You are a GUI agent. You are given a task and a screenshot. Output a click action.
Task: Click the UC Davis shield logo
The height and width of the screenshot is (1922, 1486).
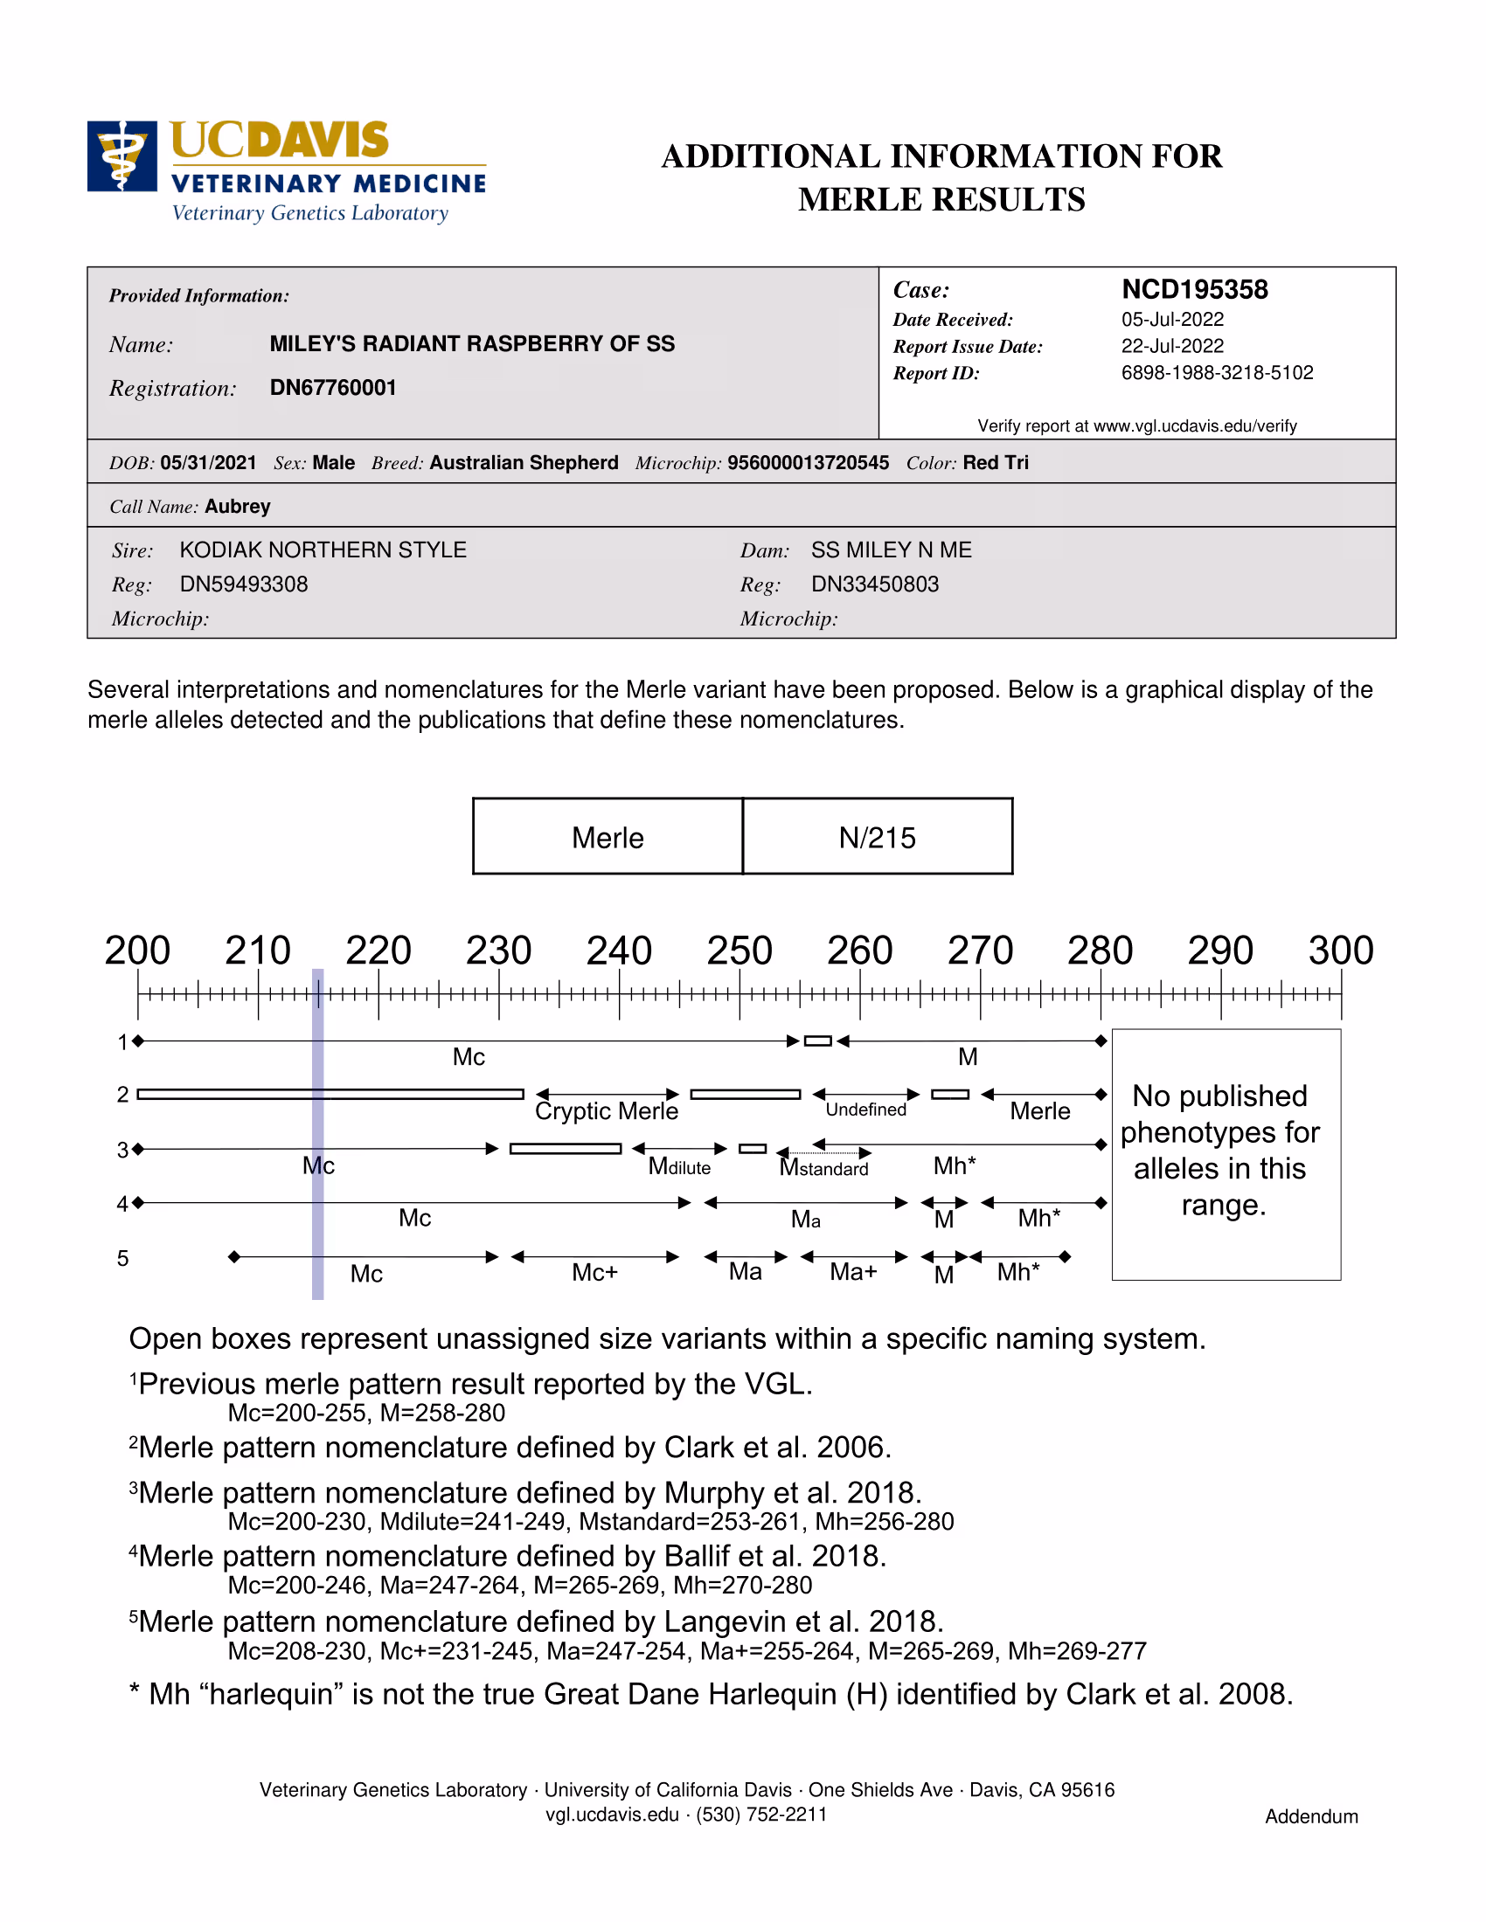click(122, 156)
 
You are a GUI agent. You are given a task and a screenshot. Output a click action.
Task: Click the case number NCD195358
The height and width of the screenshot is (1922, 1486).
click(1194, 289)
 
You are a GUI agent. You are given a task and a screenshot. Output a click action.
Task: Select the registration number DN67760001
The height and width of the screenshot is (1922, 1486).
click(333, 388)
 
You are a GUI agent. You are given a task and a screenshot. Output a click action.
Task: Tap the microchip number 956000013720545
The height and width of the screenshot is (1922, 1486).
click(808, 463)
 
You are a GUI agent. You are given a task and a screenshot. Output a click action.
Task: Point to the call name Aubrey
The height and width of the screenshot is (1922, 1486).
click(237, 507)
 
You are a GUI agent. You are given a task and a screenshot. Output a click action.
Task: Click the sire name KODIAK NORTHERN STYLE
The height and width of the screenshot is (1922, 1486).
click(323, 550)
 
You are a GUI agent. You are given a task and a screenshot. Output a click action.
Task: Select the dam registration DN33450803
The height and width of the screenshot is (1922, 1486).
click(874, 584)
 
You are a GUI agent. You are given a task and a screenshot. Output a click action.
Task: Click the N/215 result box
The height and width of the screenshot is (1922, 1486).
click(877, 837)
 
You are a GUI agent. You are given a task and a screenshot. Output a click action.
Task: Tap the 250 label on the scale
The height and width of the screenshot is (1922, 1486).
click(740, 951)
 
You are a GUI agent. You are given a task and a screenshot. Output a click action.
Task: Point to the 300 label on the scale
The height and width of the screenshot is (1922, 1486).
click(1340, 951)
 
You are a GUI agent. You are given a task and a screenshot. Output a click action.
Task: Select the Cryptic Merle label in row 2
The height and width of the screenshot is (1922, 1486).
click(607, 1111)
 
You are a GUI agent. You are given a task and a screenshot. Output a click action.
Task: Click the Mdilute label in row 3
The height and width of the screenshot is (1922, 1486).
click(678, 1167)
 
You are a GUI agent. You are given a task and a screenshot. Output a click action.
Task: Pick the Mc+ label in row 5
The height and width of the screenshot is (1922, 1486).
click(594, 1273)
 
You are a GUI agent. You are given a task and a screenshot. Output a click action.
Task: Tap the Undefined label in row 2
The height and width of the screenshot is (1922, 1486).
click(865, 1110)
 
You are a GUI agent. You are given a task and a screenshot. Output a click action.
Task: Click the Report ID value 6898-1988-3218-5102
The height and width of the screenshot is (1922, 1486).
click(1217, 373)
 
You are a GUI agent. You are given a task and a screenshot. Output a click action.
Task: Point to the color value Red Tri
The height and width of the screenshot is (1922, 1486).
click(995, 463)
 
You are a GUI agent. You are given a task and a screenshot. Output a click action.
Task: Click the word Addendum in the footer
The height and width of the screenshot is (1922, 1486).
click(1311, 1816)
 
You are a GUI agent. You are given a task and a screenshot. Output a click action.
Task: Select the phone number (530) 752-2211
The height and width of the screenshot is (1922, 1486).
click(761, 1815)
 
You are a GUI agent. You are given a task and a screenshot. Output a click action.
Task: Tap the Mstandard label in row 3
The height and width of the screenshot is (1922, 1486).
click(824, 1168)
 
